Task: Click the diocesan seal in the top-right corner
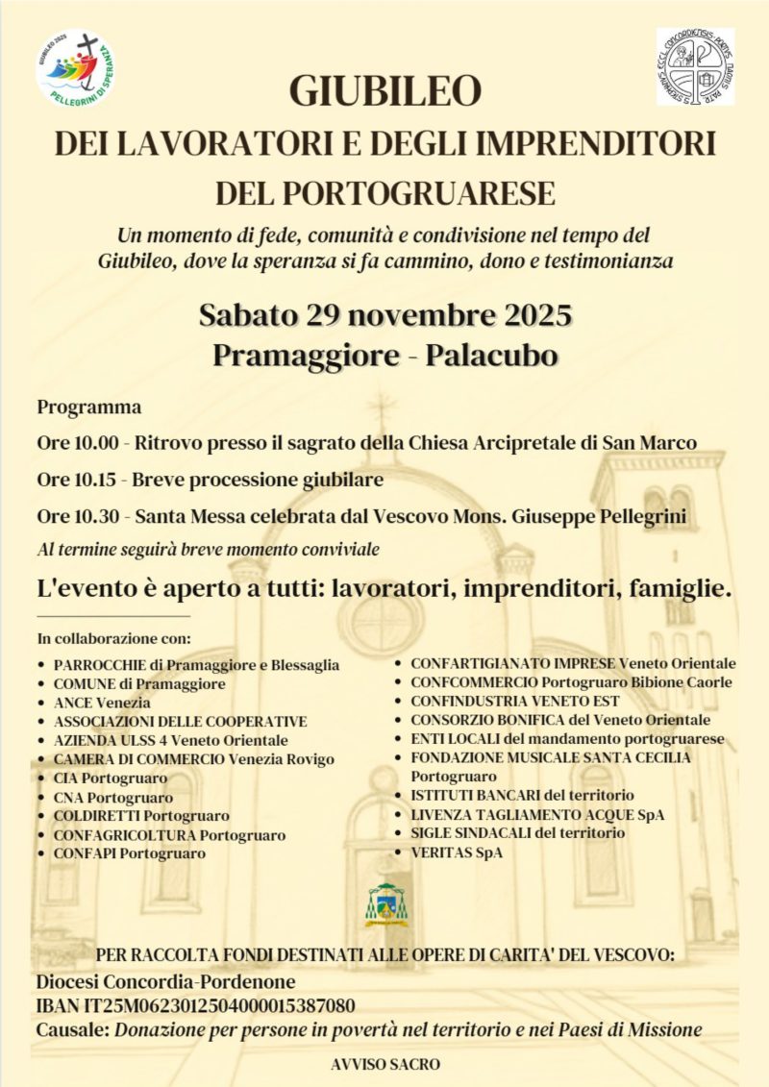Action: (x=695, y=66)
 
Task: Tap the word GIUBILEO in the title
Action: (x=384, y=90)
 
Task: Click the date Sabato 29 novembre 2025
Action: (x=385, y=315)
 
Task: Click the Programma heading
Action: (x=88, y=407)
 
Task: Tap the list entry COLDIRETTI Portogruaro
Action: (x=140, y=816)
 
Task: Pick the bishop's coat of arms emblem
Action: (x=385, y=904)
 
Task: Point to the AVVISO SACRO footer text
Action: (x=384, y=1065)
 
